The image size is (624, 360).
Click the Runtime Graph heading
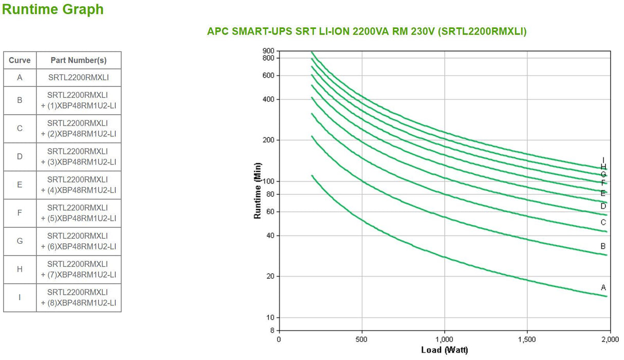(x=53, y=9)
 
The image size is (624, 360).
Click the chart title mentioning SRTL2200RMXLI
(x=366, y=31)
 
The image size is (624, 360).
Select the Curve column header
(x=20, y=60)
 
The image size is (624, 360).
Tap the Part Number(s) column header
(x=79, y=60)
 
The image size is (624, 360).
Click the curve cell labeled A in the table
(x=20, y=78)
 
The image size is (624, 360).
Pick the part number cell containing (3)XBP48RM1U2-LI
(x=79, y=156)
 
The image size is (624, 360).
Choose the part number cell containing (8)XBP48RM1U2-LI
(x=79, y=298)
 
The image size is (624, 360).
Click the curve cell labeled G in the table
(x=20, y=241)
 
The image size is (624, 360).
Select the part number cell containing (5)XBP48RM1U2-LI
(x=79, y=213)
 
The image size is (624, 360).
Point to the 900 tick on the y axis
(x=268, y=50)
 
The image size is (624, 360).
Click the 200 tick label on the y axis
(x=268, y=140)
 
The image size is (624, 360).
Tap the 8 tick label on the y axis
(x=272, y=330)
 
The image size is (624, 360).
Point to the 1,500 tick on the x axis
(x=527, y=339)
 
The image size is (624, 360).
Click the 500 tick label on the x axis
(x=362, y=339)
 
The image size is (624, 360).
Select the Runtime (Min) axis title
(x=258, y=191)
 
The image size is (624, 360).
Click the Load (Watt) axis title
(x=444, y=350)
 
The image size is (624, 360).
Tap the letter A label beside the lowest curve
(x=603, y=287)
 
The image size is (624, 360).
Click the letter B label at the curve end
(x=603, y=246)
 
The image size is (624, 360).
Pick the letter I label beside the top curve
(x=603, y=160)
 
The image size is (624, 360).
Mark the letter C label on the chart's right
(x=603, y=222)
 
